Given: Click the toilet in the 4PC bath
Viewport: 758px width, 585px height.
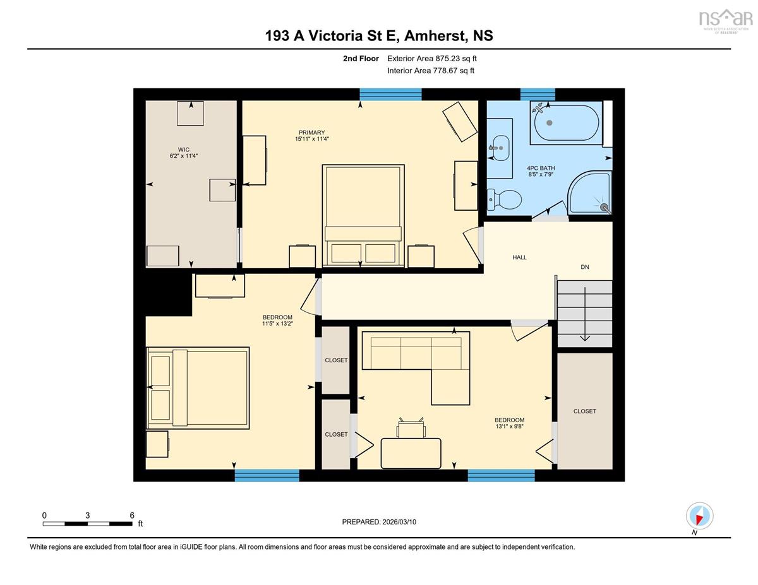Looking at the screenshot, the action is [x=504, y=199].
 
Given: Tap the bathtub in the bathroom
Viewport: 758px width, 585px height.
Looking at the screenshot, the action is [x=567, y=122].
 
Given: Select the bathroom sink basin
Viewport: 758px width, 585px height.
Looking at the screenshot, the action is [x=501, y=148].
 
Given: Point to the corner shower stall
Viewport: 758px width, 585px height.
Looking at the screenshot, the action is [x=589, y=192].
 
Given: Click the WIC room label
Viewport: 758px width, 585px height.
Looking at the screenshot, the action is [x=183, y=150].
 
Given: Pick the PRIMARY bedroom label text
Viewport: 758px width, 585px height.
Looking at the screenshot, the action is [x=311, y=133].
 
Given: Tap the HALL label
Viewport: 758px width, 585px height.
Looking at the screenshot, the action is [x=519, y=257].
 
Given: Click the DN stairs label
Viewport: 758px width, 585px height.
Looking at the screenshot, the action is [x=585, y=267].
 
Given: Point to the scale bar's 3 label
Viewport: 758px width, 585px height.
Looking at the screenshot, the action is [x=88, y=516].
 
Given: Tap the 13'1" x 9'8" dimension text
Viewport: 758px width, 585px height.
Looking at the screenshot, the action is [x=509, y=426].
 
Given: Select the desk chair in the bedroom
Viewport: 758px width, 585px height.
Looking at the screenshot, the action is [x=411, y=428].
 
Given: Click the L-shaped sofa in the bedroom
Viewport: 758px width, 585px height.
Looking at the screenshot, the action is [x=416, y=368].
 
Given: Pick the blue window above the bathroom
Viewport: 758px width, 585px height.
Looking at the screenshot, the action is [x=538, y=94].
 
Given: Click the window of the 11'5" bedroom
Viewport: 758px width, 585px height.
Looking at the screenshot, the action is [x=267, y=475].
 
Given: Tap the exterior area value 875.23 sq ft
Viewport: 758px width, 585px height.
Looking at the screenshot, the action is [x=456, y=59].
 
